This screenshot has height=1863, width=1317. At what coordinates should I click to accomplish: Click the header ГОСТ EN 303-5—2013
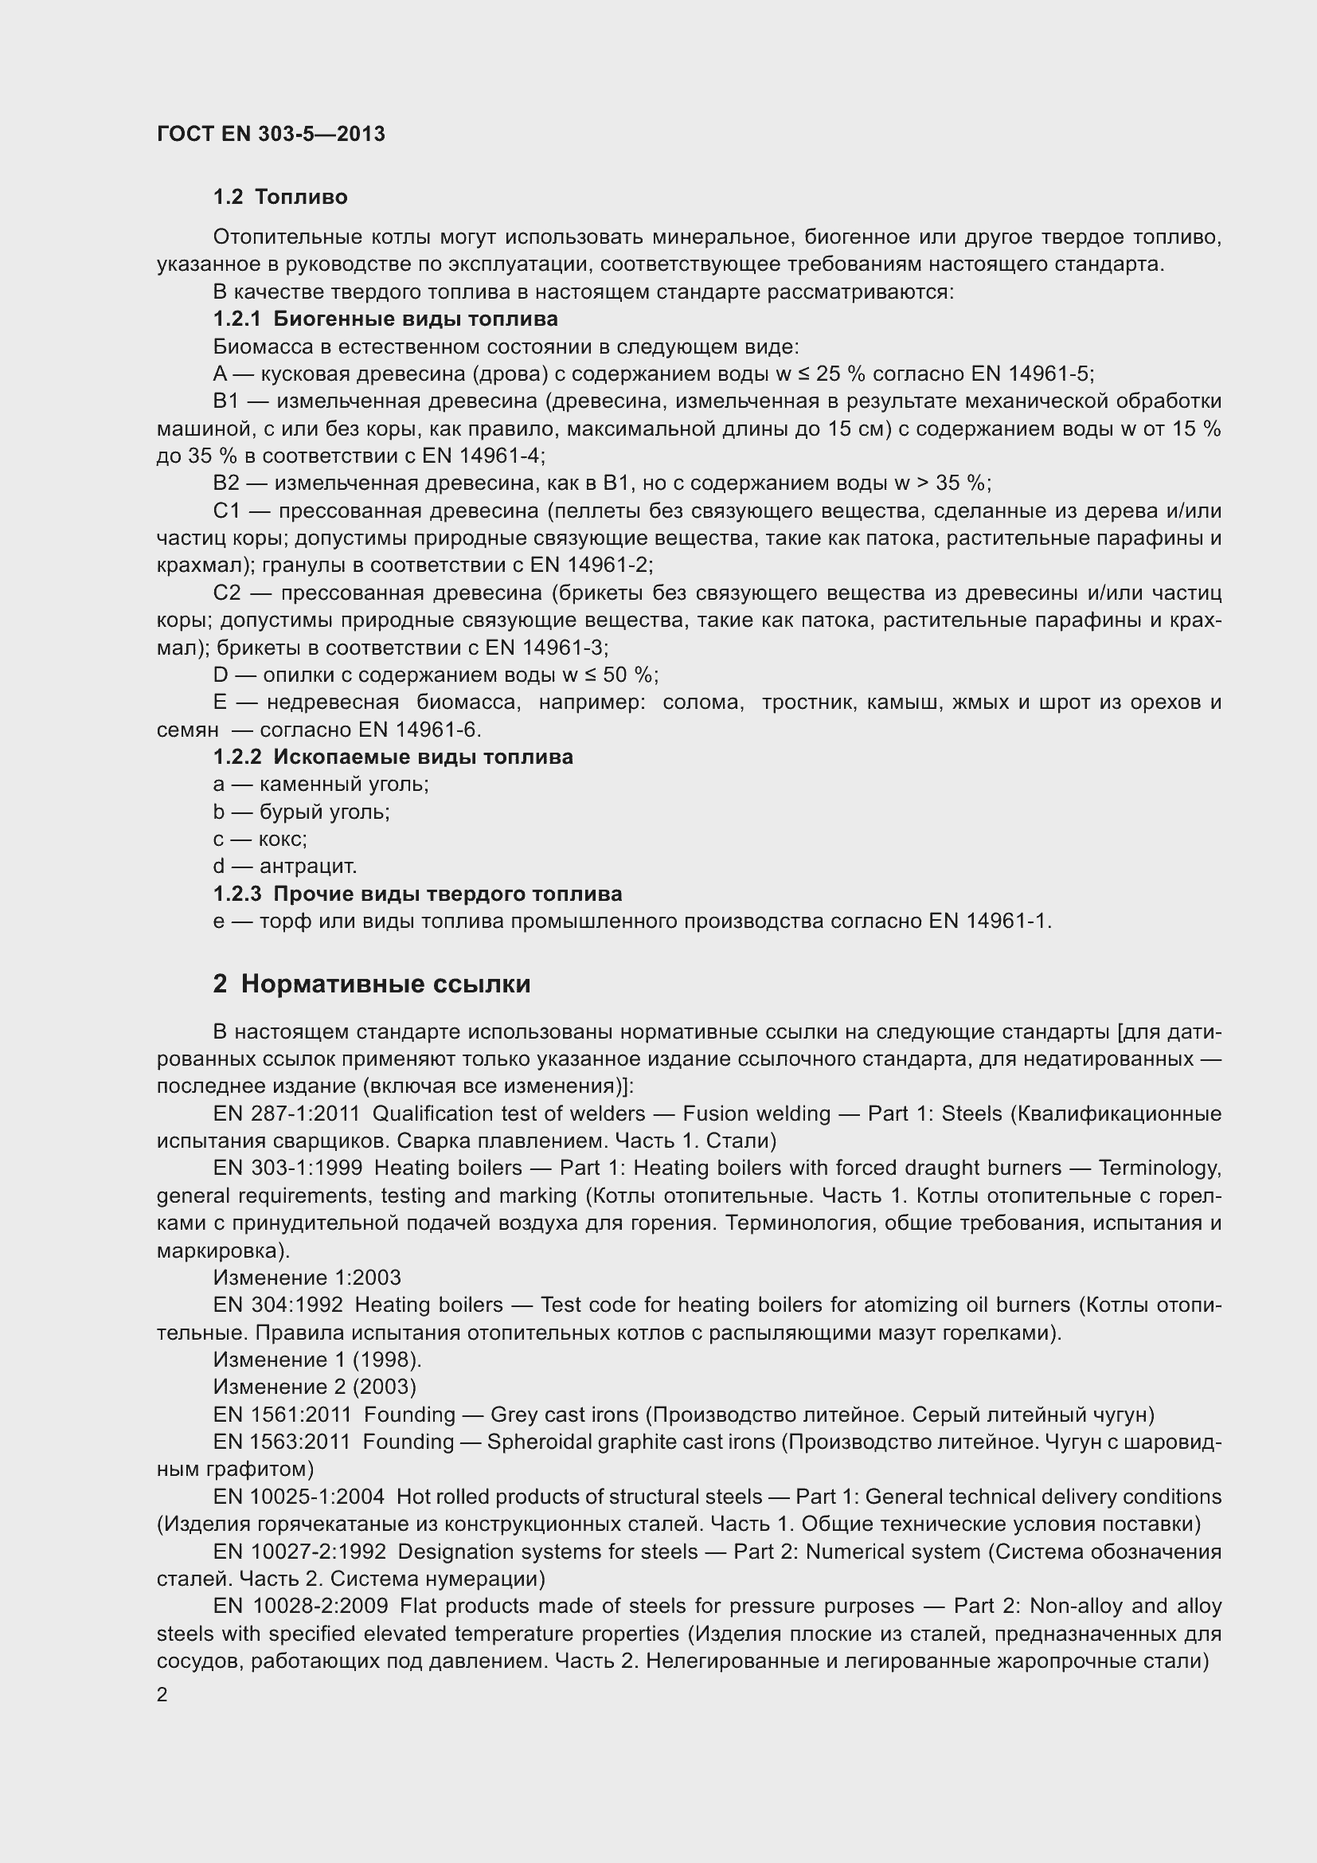(271, 134)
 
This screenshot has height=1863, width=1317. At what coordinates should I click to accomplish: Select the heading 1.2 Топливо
(279, 198)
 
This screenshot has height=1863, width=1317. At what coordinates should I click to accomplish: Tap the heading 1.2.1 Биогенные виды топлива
(385, 319)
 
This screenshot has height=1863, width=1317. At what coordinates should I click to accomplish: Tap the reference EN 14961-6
(420, 730)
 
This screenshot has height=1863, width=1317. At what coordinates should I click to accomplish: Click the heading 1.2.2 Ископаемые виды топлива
(393, 757)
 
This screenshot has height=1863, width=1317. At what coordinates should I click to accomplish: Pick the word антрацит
(307, 867)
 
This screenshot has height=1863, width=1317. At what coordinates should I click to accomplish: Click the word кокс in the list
(282, 839)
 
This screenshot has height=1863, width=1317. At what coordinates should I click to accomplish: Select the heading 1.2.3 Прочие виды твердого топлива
(418, 894)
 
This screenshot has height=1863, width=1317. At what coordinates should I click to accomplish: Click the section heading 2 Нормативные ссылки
(371, 984)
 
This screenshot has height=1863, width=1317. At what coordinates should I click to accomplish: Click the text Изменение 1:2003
(307, 1278)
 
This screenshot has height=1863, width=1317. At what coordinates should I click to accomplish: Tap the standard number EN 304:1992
(277, 1305)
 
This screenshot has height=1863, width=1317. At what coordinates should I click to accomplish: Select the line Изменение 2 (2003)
(315, 1387)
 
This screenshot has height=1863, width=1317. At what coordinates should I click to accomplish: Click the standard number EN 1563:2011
(281, 1442)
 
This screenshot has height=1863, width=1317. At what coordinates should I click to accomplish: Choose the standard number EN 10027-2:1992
(299, 1552)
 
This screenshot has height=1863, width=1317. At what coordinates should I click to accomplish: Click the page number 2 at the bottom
(162, 1695)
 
